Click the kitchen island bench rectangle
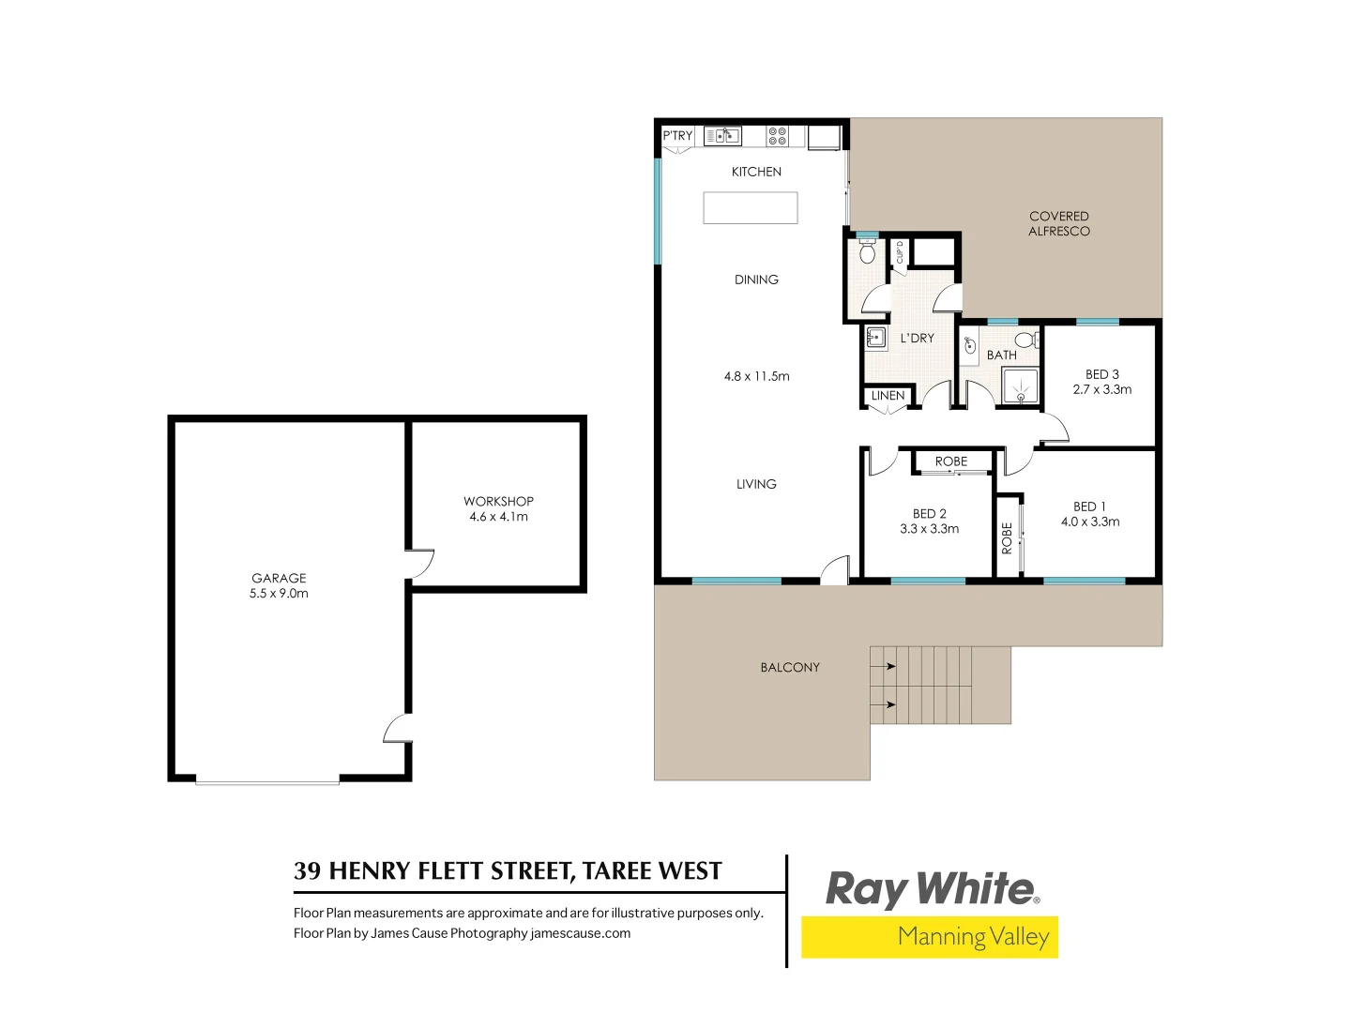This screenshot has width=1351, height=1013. pos(751,207)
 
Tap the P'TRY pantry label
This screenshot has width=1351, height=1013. pos(677,136)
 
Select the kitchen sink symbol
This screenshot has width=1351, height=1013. pos(722,136)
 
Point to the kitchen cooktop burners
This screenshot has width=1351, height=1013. pos(777,136)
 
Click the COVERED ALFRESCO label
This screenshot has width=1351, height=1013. pos(1059,223)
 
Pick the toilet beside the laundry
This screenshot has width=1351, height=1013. pos(867,252)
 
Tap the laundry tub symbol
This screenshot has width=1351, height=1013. pos(876,338)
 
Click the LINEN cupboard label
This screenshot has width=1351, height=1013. pos(888,396)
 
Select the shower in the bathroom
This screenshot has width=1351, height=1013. pos(1020,386)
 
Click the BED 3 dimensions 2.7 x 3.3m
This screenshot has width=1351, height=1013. pos(1102,389)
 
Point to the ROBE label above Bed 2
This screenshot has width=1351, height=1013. pos(951,461)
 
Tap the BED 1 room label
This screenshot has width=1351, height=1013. pos(1089,506)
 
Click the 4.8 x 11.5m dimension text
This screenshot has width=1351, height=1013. pos(756,376)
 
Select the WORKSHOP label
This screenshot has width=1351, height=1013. pos(498,502)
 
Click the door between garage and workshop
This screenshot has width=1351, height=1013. pos(419,563)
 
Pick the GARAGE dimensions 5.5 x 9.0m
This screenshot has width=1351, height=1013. pos(279,594)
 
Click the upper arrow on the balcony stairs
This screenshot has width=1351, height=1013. pos(883,666)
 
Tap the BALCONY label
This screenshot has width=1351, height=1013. pos(790,668)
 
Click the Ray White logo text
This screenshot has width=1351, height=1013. pos(931,888)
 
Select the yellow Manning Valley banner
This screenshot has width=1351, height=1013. pos(929,937)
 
